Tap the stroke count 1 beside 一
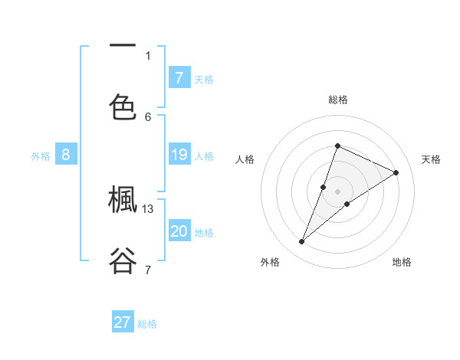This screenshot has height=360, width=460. click(148, 55)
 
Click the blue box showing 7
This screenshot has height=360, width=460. click(179, 77)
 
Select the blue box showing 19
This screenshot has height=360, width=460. click(179, 155)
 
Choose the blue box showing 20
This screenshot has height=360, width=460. click(179, 231)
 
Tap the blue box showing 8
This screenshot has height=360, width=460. click(66, 155)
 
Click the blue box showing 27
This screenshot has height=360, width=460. click(123, 322)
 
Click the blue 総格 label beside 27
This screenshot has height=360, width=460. click(147, 324)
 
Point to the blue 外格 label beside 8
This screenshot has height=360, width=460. click(41, 156)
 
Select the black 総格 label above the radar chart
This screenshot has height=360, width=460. click(337, 100)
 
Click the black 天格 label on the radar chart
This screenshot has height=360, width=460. click(432, 159)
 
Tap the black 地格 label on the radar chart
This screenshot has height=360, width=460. click(402, 262)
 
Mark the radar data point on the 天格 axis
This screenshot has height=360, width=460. click(396, 172)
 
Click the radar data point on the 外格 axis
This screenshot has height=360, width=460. click(302, 241)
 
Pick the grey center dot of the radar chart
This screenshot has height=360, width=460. click(337, 191)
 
